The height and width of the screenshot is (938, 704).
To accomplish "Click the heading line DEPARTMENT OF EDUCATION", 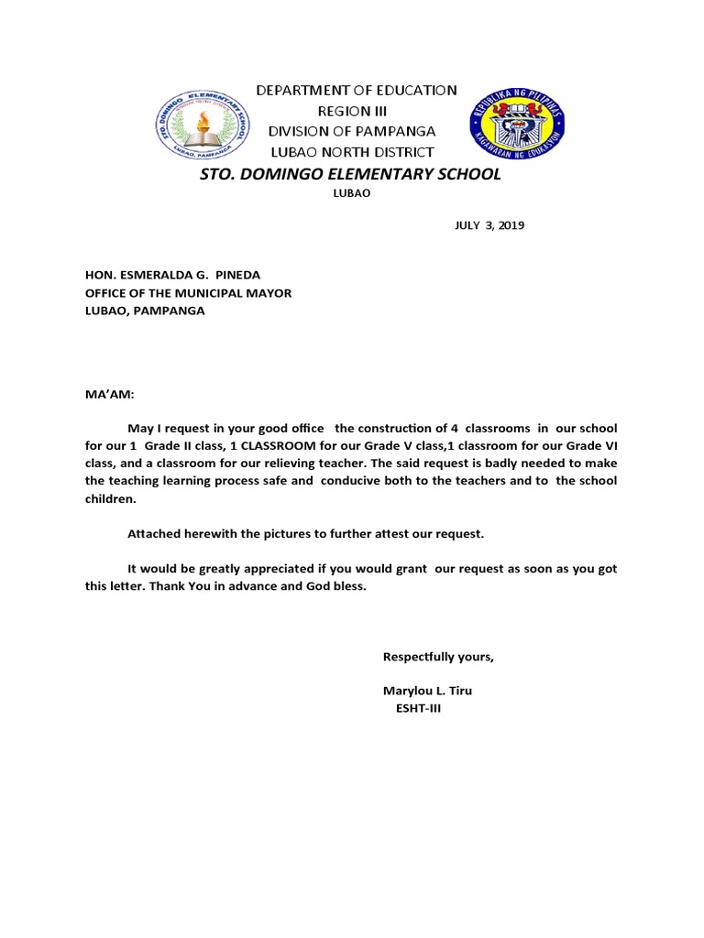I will (x=356, y=90).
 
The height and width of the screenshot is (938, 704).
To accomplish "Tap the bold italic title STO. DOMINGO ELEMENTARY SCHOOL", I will (x=351, y=174).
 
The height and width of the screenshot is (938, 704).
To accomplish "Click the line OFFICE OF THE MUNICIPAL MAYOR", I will (x=188, y=293).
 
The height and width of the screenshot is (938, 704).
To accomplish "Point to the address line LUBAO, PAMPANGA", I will (x=145, y=311).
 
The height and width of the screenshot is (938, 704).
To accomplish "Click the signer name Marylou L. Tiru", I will (x=427, y=691).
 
